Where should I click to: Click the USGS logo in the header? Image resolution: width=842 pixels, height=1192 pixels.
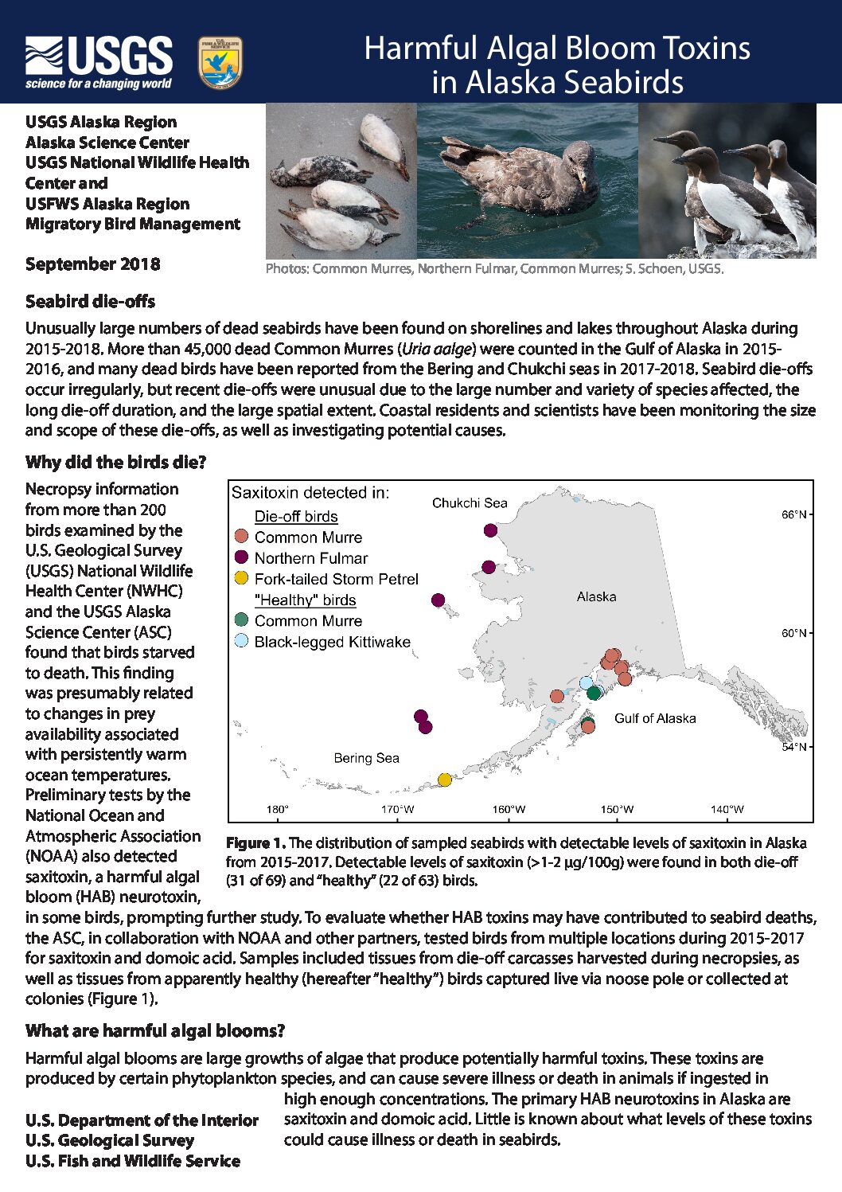(x=99, y=62)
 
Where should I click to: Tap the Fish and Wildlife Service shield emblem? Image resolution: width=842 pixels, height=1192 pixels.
(x=220, y=63)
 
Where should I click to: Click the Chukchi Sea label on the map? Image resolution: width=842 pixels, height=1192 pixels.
(x=470, y=503)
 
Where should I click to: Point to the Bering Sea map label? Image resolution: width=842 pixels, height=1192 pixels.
(x=366, y=758)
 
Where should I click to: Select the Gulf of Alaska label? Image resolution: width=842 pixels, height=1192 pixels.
(x=654, y=718)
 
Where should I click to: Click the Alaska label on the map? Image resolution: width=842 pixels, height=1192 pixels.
(x=596, y=596)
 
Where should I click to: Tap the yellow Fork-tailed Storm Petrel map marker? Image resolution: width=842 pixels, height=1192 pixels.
(x=445, y=780)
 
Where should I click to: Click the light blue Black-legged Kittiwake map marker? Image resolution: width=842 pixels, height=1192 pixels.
(x=587, y=682)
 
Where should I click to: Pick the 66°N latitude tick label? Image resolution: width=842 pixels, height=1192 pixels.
(x=793, y=515)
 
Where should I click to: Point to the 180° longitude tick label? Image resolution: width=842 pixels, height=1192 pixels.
(x=277, y=809)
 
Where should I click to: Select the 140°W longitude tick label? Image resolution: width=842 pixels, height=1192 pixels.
(x=727, y=809)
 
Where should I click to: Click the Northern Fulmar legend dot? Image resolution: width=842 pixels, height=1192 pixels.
(x=242, y=557)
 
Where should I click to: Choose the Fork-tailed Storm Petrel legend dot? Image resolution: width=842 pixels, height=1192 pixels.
(x=242, y=578)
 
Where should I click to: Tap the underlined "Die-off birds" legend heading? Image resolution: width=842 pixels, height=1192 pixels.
(x=296, y=517)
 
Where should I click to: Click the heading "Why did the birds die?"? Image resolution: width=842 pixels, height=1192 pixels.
(x=116, y=463)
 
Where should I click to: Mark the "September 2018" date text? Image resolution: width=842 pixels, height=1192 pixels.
(x=92, y=264)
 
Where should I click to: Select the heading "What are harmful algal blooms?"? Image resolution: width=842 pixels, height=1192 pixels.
(x=155, y=1031)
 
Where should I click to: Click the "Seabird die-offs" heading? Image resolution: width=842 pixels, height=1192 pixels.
(x=90, y=302)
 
